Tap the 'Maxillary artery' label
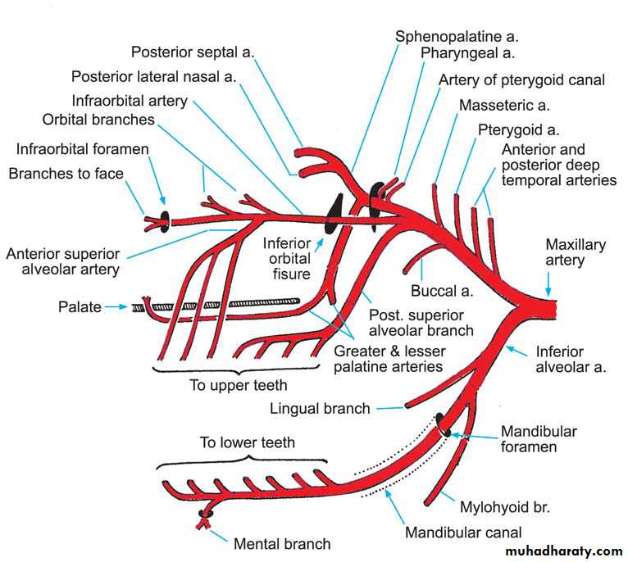click(x=576, y=252)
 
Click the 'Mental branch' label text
click(x=282, y=543)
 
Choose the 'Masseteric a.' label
click(x=504, y=105)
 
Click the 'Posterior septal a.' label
click(x=193, y=52)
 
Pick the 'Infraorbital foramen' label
click(x=82, y=149)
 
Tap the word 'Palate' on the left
click(x=80, y=307)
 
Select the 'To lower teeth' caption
click(x=247, y=442)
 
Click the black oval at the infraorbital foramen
click(x=165, y=220)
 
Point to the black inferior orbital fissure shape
click(x=336, y=215)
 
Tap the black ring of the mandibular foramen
click(x=443, y=424)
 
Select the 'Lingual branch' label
click(x=320, y=408)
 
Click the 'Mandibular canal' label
click(x=463, y=533)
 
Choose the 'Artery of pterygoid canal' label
click(x=521, y=79)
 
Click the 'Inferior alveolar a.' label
click(x=571, y=360)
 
